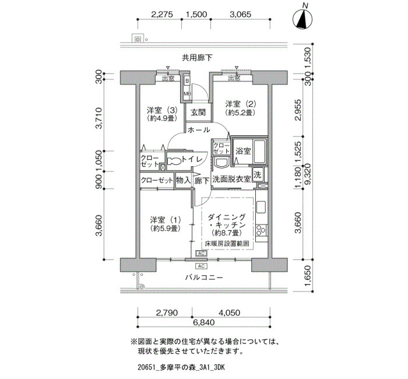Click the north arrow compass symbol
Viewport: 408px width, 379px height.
303,19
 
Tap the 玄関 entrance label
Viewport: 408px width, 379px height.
198,113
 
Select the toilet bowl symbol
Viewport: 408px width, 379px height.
174,162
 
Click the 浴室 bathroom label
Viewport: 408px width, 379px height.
243,150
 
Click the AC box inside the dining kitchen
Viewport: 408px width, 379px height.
202,253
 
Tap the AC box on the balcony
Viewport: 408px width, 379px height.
201,266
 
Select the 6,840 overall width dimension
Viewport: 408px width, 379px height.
204,322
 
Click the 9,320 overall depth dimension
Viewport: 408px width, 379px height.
308,174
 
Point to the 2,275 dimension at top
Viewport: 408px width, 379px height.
162,14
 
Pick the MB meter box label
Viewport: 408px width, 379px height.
187,94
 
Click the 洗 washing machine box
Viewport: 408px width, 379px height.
258,175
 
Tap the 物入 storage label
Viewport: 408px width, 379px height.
183,180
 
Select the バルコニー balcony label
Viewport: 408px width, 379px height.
204,278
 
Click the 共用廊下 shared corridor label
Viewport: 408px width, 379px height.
197,58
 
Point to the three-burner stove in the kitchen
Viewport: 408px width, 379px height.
261,230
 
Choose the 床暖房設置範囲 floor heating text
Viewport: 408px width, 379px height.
227,244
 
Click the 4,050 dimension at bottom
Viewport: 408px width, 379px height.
230,313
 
